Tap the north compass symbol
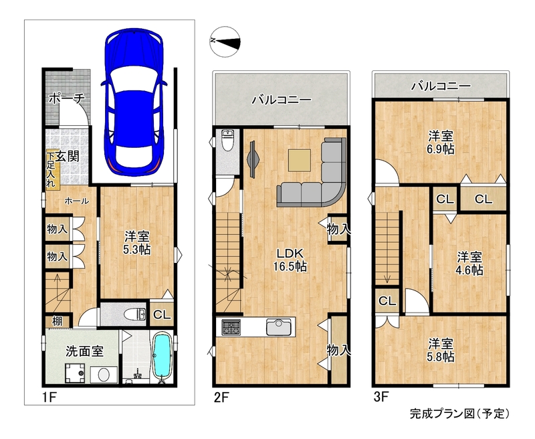pos(225,41)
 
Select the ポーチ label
pos(66,99)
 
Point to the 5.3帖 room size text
pos(136,250)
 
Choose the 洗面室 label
pos(85,351)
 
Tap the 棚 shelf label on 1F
pos(57,321)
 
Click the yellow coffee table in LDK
pos(299,160)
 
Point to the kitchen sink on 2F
pos(279,327)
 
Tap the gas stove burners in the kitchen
pos(231,327)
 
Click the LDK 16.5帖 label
pos(290,260)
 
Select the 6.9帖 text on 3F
pos(441,149)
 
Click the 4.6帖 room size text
pos(470,270)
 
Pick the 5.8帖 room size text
pos(441,357)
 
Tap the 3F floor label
pos(381,397)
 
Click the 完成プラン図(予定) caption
pos(460,414)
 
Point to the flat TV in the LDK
pos(253,159)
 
